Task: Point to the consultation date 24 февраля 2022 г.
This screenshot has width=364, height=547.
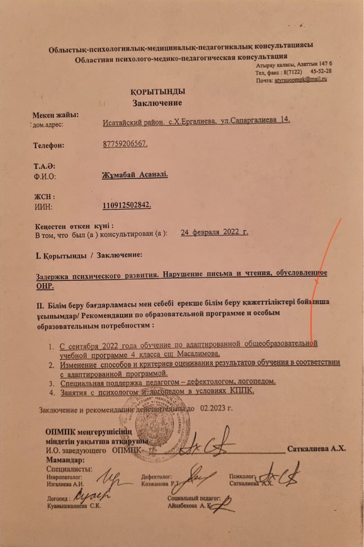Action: (x=214, y=232)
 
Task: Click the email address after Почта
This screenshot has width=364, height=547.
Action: (x=300, y=80)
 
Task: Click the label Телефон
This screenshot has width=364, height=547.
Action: (x=48, y=145)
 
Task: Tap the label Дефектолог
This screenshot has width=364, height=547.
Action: (x=156, y=475)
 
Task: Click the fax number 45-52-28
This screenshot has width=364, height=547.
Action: (x=321, y=72)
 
